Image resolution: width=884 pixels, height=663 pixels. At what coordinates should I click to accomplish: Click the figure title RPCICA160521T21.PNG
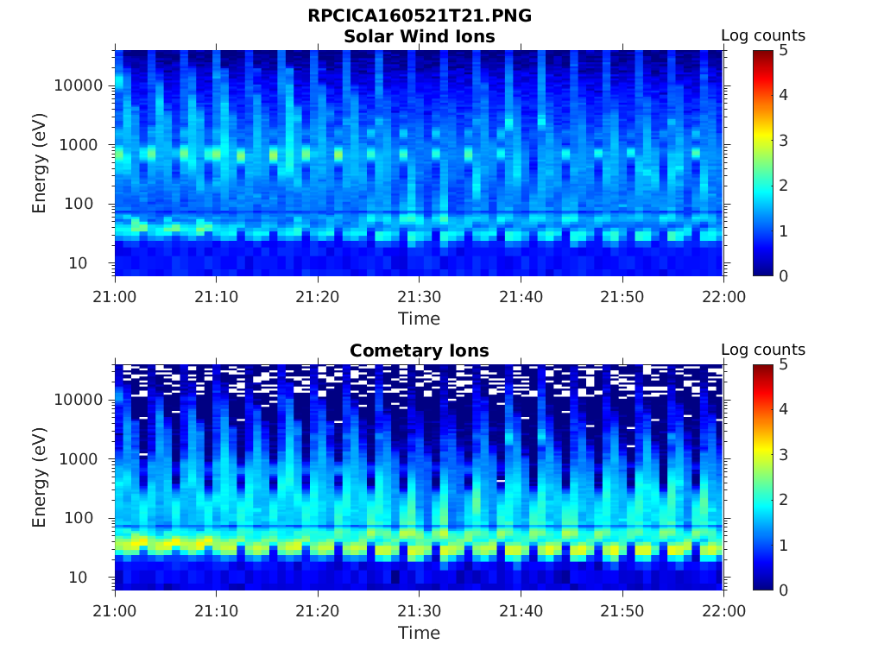click(x=420, y=16)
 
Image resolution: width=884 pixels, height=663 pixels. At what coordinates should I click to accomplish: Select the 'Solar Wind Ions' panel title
click(x=420, y=37)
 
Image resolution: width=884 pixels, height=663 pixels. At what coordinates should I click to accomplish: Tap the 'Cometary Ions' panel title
click(x=420, y=351)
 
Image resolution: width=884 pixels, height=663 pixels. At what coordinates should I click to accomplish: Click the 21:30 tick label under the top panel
click(x=420, y=297)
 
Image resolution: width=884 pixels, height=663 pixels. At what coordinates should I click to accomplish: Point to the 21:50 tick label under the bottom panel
click(x=622, y=611)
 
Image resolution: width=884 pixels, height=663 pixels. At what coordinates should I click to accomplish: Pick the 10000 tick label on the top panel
click(x=79, y=85)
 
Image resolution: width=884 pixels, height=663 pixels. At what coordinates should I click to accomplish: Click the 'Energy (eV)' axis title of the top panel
click(x=40, y=163)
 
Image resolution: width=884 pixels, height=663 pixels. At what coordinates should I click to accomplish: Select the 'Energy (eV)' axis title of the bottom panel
click(x=40, y=477)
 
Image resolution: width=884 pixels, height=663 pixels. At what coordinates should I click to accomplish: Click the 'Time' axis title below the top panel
click(x=420, y=319)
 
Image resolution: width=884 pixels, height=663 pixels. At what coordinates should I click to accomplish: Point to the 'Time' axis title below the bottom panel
click(x=420, y=634)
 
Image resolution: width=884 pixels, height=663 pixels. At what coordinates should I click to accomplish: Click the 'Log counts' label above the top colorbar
click(x=763, y=36)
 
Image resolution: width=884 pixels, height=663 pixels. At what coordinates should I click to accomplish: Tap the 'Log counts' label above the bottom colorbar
click(x=763, y=350)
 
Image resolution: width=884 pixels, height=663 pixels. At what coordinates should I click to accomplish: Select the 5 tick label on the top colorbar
click(x=782, y=50)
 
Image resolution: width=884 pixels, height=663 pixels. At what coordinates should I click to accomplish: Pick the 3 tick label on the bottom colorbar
click(x=782, y=454)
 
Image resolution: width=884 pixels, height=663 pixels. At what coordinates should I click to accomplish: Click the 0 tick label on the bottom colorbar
click(x=782, y=590)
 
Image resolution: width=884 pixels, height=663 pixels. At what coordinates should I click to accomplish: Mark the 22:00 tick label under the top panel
click(x=723, y=297)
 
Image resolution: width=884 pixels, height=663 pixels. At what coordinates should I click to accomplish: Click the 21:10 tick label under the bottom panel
click(x=217, y=611)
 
